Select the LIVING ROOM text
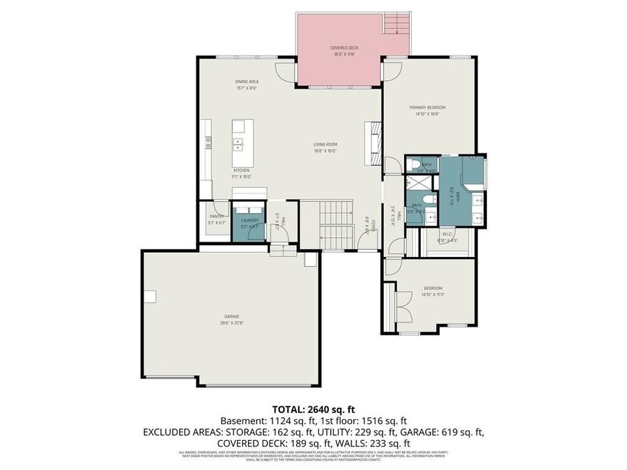pos(325,144)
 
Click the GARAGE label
pos(232,317)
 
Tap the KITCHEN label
pos(241,171)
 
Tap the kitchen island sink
pos(238,144)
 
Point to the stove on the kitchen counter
pos(208,143)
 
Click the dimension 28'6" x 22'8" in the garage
pos(232,323)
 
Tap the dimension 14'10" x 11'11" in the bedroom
pos(432,295)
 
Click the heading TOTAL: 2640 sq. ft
pos(313,409)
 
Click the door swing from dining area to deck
pos(284,70)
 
